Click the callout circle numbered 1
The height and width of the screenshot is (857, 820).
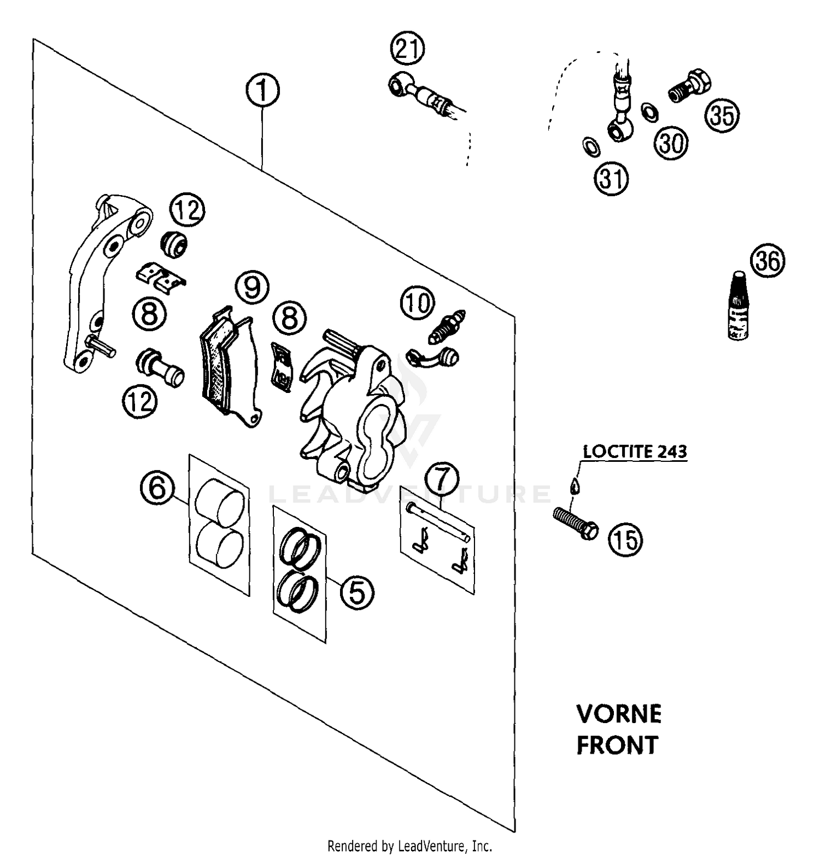tap(262, 91)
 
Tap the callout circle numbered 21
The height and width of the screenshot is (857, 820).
tap(407, 50)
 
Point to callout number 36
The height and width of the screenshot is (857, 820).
tap(768, 261)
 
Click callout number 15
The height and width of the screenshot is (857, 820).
tap(625, 540)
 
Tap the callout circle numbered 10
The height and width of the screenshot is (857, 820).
tap(418, 303)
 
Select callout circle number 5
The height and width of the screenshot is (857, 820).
tap(357, 592)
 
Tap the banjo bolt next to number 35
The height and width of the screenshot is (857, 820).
tap(690, 86)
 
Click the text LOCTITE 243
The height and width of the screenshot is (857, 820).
tap(635, 452)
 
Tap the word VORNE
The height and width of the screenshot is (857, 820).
tap(619, 714)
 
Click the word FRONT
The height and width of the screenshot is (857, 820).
tap(617, 745)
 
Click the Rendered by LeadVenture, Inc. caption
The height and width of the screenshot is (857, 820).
tap(409, 847)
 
